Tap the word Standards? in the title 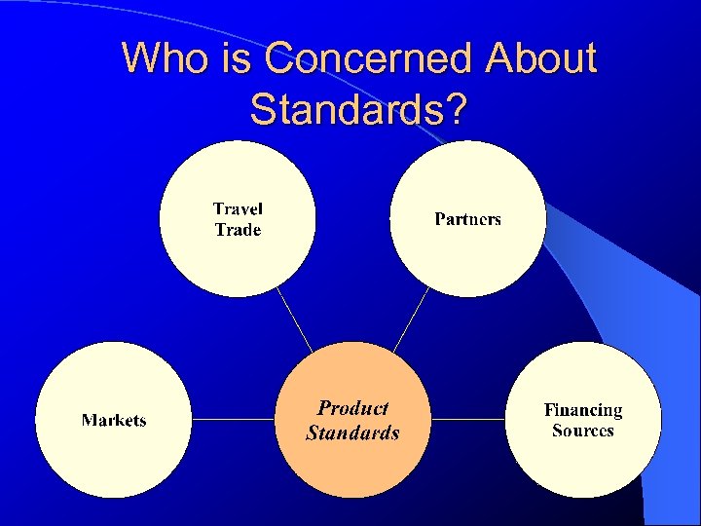coord(357,109)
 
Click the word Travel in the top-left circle coord(238,208)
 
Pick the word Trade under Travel coord(238,230)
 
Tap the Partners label coord(467,219)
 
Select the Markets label coord(114,421)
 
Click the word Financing coord(582,410)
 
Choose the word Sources coord(582,431)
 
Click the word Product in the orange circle coord(352,409)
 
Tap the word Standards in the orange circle coord(352,432)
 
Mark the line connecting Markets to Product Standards coord(234,420)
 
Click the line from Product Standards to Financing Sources coord(468,420)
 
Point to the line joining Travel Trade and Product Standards coord(294,319)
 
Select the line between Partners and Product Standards coord(411,319)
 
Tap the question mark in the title coord(454,109)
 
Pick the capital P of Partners coord(440,219)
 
